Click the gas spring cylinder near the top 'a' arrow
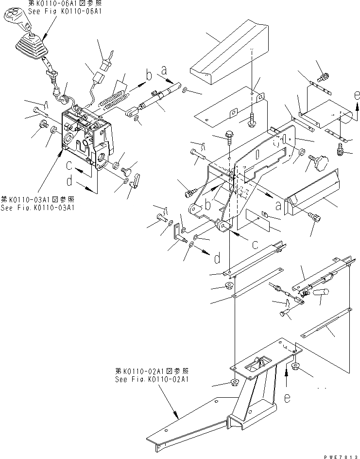tap(154, 102)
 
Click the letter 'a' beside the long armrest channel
tap(278, 206)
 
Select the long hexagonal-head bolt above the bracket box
tap(229, 141)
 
